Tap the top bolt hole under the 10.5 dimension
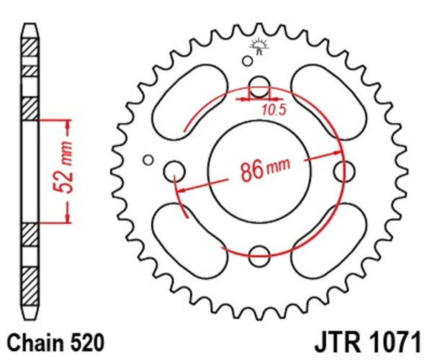click(x=260, y=83)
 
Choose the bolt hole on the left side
click(x=174, y=171)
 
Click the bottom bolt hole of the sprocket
click(x=260, y=251)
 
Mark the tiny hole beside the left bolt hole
click(x=148, y=159)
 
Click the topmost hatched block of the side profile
click(x=29, y=44)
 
